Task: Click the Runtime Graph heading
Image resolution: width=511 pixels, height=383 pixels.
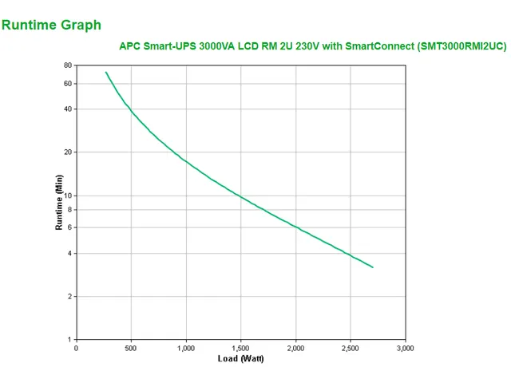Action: [x=52, y=25]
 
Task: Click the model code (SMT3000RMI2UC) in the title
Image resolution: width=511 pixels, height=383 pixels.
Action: [x=461, y=46]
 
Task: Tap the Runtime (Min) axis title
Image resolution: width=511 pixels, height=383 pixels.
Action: [x=59, y=203]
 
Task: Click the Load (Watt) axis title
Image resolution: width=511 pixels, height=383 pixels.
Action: [x=240, y=358]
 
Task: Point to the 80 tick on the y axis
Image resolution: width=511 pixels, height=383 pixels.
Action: [x=68, y=65]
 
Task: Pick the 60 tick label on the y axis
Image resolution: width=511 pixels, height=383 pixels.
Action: [x=68, y=84]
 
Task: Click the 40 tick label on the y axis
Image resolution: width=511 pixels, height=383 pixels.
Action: [x=68, y=109]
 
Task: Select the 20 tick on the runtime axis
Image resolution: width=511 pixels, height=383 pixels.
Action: [x=68, y=152]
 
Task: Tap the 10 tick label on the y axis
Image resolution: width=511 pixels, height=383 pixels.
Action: [x=68, y=195]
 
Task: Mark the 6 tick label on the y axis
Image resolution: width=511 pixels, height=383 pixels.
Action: [x=69, y=227]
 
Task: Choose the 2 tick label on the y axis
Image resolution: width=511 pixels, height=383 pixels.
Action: [x=69, y=297]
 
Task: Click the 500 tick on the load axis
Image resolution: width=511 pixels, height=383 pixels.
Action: [x=131, y=348]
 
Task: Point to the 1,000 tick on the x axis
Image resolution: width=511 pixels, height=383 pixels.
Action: [x=186, y=348]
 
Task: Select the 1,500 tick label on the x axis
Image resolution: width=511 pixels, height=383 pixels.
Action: [x=241, y=348]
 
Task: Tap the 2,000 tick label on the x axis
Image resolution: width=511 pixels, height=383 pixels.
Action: [x=295, y=348]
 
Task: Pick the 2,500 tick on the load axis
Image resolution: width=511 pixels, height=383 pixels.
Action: [x=351, y=348]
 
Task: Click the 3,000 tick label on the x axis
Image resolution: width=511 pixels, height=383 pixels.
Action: [x=406, y=348]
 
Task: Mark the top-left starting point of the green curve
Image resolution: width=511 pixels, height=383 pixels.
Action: [x=106, y=73]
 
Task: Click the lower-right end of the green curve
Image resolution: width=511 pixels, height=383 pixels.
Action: [x=373, y=267]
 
